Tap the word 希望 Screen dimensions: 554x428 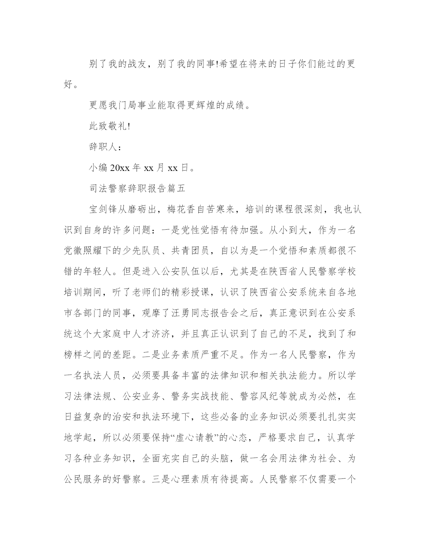click(x=230, y=64)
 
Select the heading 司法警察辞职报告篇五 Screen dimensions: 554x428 click(x=137, y=188)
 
